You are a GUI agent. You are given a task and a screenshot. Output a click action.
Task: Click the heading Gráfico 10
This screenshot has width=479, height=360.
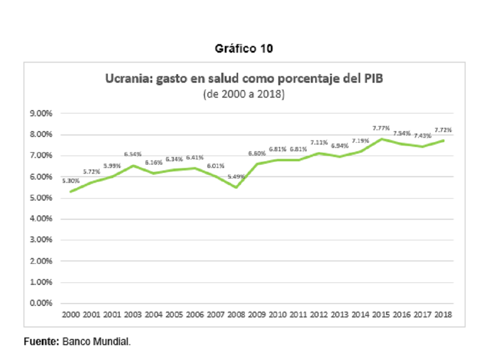coord(244,48)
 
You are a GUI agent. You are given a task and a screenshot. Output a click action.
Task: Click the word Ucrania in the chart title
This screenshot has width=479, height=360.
coord(128,79)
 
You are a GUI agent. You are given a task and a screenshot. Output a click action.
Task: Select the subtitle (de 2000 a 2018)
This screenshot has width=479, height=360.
coord(244,94)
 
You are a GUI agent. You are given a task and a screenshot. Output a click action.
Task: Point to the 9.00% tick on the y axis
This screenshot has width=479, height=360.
coord(41,113)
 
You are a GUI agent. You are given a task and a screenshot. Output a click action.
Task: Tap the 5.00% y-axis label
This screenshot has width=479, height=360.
coord(41,198)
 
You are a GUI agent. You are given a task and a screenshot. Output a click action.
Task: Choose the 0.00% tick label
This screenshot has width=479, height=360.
coord(41,303)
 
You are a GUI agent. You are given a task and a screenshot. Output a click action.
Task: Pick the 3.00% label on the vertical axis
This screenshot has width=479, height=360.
coord(41,240)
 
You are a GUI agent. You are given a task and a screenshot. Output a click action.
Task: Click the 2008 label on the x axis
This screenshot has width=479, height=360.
coord(236,315)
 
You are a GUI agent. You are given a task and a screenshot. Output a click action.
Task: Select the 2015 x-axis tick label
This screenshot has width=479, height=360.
coord(381,315)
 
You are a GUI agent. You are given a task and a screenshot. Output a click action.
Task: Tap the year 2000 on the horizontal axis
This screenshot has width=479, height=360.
coord(71,315)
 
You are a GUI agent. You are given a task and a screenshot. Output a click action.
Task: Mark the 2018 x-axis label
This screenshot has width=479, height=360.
coord(443,315)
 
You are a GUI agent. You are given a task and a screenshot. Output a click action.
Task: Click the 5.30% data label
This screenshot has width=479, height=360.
coord(71,181)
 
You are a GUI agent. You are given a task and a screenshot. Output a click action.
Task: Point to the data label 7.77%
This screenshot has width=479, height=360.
coord(381,128)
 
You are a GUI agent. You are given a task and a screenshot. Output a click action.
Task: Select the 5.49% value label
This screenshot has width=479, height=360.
coord(236,177)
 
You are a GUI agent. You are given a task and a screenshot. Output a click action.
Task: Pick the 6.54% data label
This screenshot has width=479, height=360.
coord(133,154)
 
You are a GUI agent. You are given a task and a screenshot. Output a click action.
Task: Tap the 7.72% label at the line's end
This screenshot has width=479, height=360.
coord(443,130)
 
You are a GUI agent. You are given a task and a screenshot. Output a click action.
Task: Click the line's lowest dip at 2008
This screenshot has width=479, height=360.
coord(236,187)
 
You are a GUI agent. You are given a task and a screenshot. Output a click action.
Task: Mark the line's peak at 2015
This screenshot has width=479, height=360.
coord(381,139)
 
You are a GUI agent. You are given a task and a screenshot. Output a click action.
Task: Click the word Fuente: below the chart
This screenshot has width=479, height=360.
coord(41,341)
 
